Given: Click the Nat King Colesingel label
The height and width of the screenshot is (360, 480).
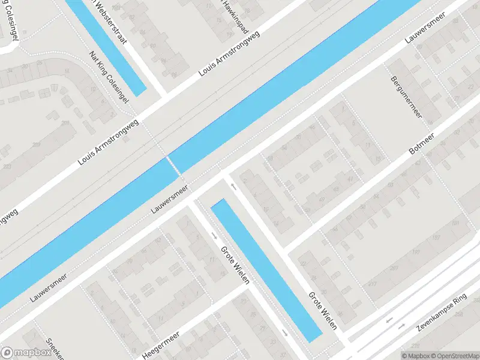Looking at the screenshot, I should [x=109, y=77].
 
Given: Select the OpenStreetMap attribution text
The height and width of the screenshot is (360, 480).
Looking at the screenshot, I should [x=452, y=355].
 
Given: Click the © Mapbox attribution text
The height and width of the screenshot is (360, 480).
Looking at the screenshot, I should [x=414, y=355].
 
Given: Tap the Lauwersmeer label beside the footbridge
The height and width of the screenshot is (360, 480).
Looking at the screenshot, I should [x=170, y=200].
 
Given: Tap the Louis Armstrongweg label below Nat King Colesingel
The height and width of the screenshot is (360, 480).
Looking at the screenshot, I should [x=109, y=142].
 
